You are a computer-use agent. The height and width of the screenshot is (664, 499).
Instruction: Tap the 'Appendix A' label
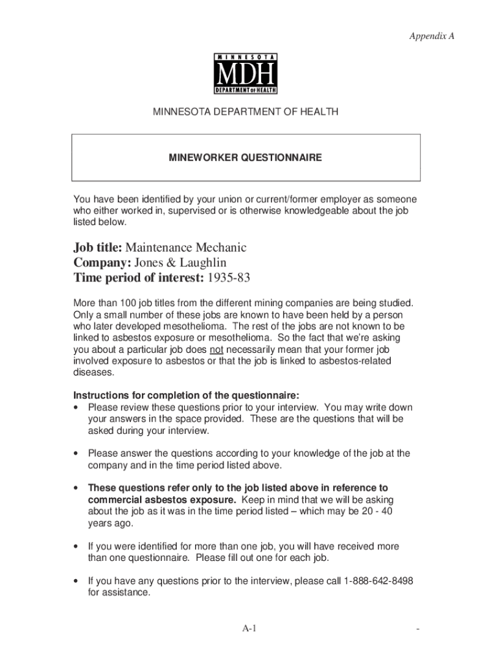pos(432,36)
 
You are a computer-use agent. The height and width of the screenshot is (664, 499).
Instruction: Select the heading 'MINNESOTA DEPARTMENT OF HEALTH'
pos(246,112)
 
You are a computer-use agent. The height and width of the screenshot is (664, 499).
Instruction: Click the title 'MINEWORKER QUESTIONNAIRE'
pos(246,158)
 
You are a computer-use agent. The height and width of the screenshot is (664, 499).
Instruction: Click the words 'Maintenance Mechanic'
pos(186,248)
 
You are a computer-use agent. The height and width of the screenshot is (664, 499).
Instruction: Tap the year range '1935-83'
pos(228,278)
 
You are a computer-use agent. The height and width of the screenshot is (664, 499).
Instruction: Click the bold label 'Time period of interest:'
pos(138,278)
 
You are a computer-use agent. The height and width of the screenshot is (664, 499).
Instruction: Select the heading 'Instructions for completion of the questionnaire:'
pos(186,396)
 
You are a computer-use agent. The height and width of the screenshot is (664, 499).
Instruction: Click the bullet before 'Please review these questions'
pos(77,408)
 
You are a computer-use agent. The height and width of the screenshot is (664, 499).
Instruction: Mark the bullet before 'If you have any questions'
pos(77,581)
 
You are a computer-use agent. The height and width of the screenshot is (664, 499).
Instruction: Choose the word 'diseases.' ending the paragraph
pos(94,373)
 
